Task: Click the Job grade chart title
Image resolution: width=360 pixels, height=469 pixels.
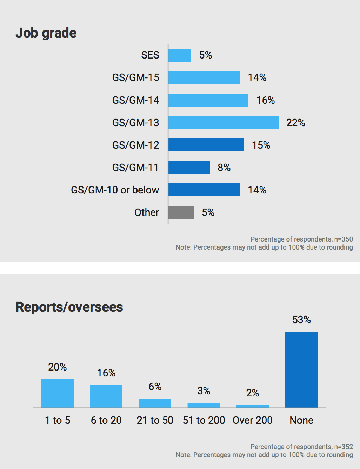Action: click(x=46, y=33)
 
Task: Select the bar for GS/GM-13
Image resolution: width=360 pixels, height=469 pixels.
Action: click(x=223, y=123)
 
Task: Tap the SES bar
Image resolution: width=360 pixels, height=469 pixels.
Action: click(x=180, y=55)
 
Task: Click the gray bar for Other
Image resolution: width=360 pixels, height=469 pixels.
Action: click(x=181, y=212)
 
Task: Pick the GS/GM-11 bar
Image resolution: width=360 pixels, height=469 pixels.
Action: click(x=189, y=168)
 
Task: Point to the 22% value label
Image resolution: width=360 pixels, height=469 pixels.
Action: click(x=295, y=123)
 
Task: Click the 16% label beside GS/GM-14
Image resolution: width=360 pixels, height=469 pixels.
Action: click(x=265, y=101)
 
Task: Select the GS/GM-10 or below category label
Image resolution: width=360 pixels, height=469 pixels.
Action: click(x=115, y=190)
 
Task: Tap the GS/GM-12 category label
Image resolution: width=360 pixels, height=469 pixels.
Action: click(x=135, y=145)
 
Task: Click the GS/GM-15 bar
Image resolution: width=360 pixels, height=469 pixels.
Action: click(x=204, y=78)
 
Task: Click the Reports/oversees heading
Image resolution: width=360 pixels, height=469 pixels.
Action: click(x=69, y=307)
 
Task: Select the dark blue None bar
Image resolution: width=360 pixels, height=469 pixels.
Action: click(x=301, y=369)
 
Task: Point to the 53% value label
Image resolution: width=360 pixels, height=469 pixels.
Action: click(x=301, y=320)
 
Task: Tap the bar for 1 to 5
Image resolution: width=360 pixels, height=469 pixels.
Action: click(x=58, y=393)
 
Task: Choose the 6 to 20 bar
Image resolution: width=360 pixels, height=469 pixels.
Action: click(x=106, y=396)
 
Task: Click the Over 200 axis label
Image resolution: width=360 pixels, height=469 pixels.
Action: click(x=252, y=420)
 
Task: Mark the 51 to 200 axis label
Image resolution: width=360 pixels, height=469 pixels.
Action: click(x=204, y=420)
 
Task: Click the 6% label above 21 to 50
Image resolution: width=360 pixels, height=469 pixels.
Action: click(x=155, y=387)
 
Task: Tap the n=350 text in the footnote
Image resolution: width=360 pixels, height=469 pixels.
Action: click(x=344, y=239)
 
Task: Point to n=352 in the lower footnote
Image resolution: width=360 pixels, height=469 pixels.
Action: click(x=344, y=447)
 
